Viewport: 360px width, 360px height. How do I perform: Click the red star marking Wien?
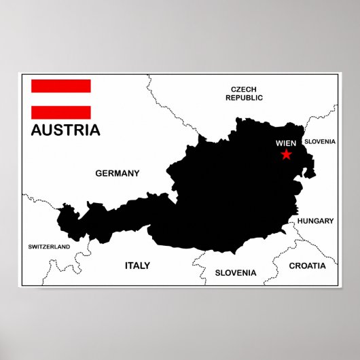point(286,156)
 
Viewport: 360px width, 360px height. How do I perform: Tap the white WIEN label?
point(286,143)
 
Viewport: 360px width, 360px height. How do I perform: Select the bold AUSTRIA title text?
point(65,130)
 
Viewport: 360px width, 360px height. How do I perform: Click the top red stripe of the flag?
point(60,86)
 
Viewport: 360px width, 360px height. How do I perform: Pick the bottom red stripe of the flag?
point(60,112)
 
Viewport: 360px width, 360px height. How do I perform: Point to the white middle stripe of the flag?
point(60,99)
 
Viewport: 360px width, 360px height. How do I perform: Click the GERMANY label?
point(117,173)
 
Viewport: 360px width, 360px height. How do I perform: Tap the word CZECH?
point(244,89)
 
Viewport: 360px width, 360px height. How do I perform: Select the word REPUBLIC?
point(244,98)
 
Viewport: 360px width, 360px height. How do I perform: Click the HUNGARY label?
point(315,221)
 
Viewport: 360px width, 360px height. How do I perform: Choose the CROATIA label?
point(307,266)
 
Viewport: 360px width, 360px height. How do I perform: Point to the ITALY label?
point(137,266)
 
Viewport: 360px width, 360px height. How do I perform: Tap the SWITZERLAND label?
point(48,247)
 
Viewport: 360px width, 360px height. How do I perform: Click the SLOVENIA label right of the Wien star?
point(319,141)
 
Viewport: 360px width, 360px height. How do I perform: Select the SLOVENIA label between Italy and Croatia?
point(236,272)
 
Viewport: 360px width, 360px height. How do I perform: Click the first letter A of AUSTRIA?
point(37,130)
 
